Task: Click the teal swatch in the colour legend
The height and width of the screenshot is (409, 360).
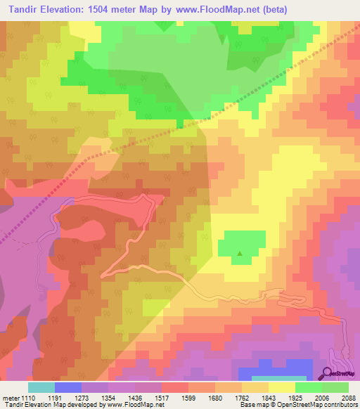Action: point(41,387)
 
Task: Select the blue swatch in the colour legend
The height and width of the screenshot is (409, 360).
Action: point(67,387)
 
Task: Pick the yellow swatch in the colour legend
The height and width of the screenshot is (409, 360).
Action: point(281,387)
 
